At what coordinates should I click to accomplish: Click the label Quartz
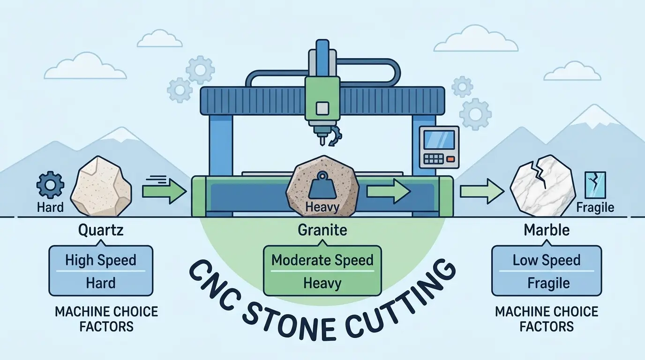[101, 230]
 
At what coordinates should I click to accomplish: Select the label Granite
[322, 230]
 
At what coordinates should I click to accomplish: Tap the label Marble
[547, 230]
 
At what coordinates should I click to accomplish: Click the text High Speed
[101, 260]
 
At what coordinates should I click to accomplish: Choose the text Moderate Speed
[322, 260]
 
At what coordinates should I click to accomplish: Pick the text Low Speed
[547, 260]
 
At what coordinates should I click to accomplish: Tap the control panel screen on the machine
[438, 140]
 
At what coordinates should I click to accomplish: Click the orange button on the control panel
[450, 160]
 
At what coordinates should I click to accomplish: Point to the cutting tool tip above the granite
[322, 141]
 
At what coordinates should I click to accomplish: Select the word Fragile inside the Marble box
[547, 283]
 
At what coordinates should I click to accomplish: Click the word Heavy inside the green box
[322, 283]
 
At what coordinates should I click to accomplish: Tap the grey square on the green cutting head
[322, 108]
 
